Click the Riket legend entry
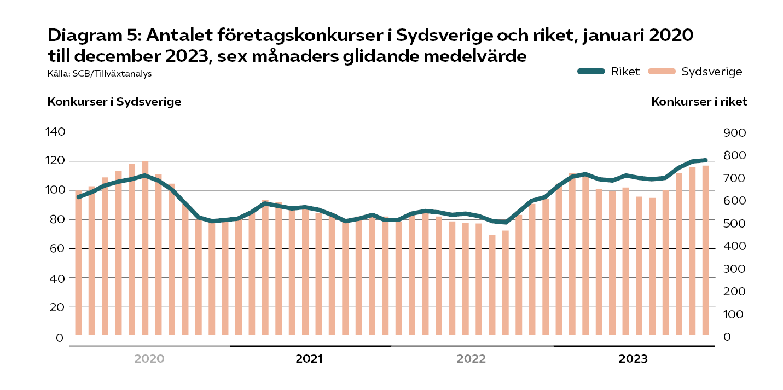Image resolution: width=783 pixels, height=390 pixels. point(608,72)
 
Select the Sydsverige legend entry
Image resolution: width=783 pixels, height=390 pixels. point(695,72)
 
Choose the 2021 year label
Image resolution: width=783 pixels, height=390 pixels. point(309,359)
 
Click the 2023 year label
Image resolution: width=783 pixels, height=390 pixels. point(633,359)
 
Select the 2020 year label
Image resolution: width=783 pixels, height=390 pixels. point(149,359)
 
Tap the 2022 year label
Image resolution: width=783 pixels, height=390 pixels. point(471,359)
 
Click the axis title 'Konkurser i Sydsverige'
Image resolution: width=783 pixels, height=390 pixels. point(114,102)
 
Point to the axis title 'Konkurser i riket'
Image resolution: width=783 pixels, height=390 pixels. point(699,102)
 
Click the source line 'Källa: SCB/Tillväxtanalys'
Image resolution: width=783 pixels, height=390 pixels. point(100,73)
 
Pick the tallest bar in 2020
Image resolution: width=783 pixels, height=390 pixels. point(145,248)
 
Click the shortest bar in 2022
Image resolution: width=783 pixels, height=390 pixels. point(492,285)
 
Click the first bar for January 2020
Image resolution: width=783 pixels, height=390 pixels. point(78,263)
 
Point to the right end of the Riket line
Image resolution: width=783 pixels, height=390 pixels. point(705,160)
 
